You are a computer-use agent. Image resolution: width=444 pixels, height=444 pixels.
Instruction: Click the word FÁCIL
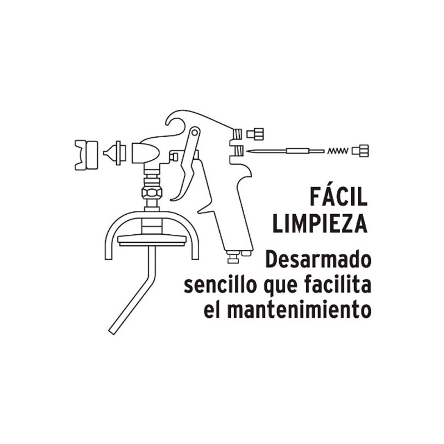[339, 196]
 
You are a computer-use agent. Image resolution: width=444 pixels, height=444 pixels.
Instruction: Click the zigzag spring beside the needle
[337, 151]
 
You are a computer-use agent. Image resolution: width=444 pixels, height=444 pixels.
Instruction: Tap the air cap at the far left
[87, 155]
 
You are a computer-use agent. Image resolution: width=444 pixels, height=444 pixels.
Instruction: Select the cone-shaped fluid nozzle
[115, 153]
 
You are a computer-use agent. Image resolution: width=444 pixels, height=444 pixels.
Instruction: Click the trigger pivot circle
[195, 132]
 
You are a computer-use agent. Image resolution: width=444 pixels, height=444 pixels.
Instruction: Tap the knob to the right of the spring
[360, 150]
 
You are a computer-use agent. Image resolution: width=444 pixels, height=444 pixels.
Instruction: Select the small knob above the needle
[255, 133]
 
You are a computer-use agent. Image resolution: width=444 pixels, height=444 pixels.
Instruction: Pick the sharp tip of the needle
[247, 151]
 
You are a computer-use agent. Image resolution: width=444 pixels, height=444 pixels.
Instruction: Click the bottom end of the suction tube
[113, 331]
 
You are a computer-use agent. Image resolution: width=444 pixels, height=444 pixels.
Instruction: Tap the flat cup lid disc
[152, 240]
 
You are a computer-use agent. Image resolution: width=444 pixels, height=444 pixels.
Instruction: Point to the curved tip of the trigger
[172, 200]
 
